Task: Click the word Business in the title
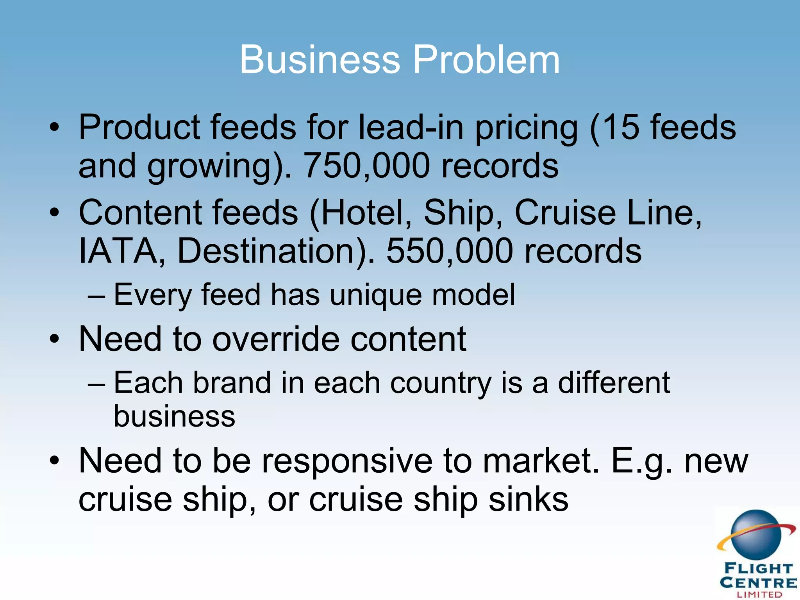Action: (x=320, y=59)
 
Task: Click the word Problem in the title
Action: (x=486, y=59)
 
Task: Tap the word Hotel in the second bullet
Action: (x=365, y=212)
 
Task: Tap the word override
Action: (x=276, y=339)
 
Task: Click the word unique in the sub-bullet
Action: (x=376, y=295)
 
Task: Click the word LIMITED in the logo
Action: (x=759, y=595)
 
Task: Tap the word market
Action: (x=541, y=461)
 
